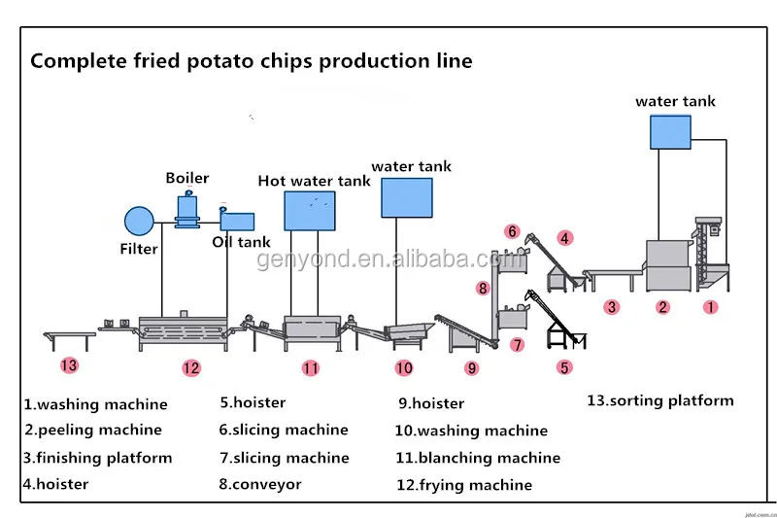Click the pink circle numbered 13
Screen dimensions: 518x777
click(69, 366)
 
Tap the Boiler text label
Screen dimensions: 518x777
click(186, 178)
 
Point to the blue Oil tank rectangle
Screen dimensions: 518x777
click(237, 222)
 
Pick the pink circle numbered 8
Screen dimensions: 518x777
click(483, 288)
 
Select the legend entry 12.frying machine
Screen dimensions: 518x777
click(464, 484)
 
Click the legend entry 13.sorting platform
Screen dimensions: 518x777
click(660, 400)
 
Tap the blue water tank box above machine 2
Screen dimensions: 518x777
click(670, 132)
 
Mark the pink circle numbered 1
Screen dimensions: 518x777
click(710, 307)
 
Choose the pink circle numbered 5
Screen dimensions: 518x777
click(564, 367)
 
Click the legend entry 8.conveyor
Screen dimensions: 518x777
click(260, 484)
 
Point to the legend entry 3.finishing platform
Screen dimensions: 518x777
click(98, 458)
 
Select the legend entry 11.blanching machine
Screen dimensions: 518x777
click(477, 458)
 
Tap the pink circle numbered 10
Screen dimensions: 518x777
click(404, 367)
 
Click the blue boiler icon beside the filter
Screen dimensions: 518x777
click(186, 209)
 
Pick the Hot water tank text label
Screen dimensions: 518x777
click(314, 181)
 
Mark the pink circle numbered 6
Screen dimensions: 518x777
click(512, 231)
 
